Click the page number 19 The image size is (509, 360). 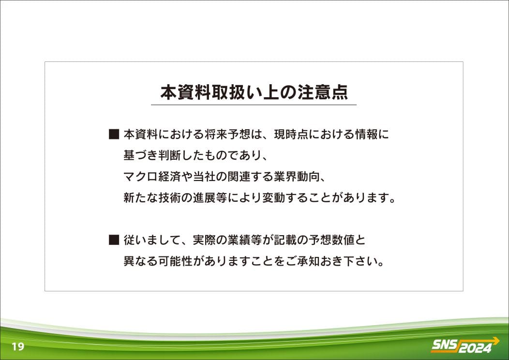click(x=18, y=346)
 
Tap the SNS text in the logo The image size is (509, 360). click(x=444, y=345)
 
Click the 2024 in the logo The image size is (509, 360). click(x=475, y=348)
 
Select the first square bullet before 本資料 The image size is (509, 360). click(x=114, y=135)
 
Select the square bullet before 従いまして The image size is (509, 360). click(x=114, y=240)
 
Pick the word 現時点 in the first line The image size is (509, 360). click(x=291, y=135)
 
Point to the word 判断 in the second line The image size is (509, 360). click(x=169, y=155)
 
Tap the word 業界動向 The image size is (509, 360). click(x=297, y=177)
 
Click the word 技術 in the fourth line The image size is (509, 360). click(x=169, y=197)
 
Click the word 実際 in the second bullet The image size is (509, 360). click(x=204, y=240)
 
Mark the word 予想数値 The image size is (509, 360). click(x=331, y=240)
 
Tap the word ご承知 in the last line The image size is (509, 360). click(x=302, y=261)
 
